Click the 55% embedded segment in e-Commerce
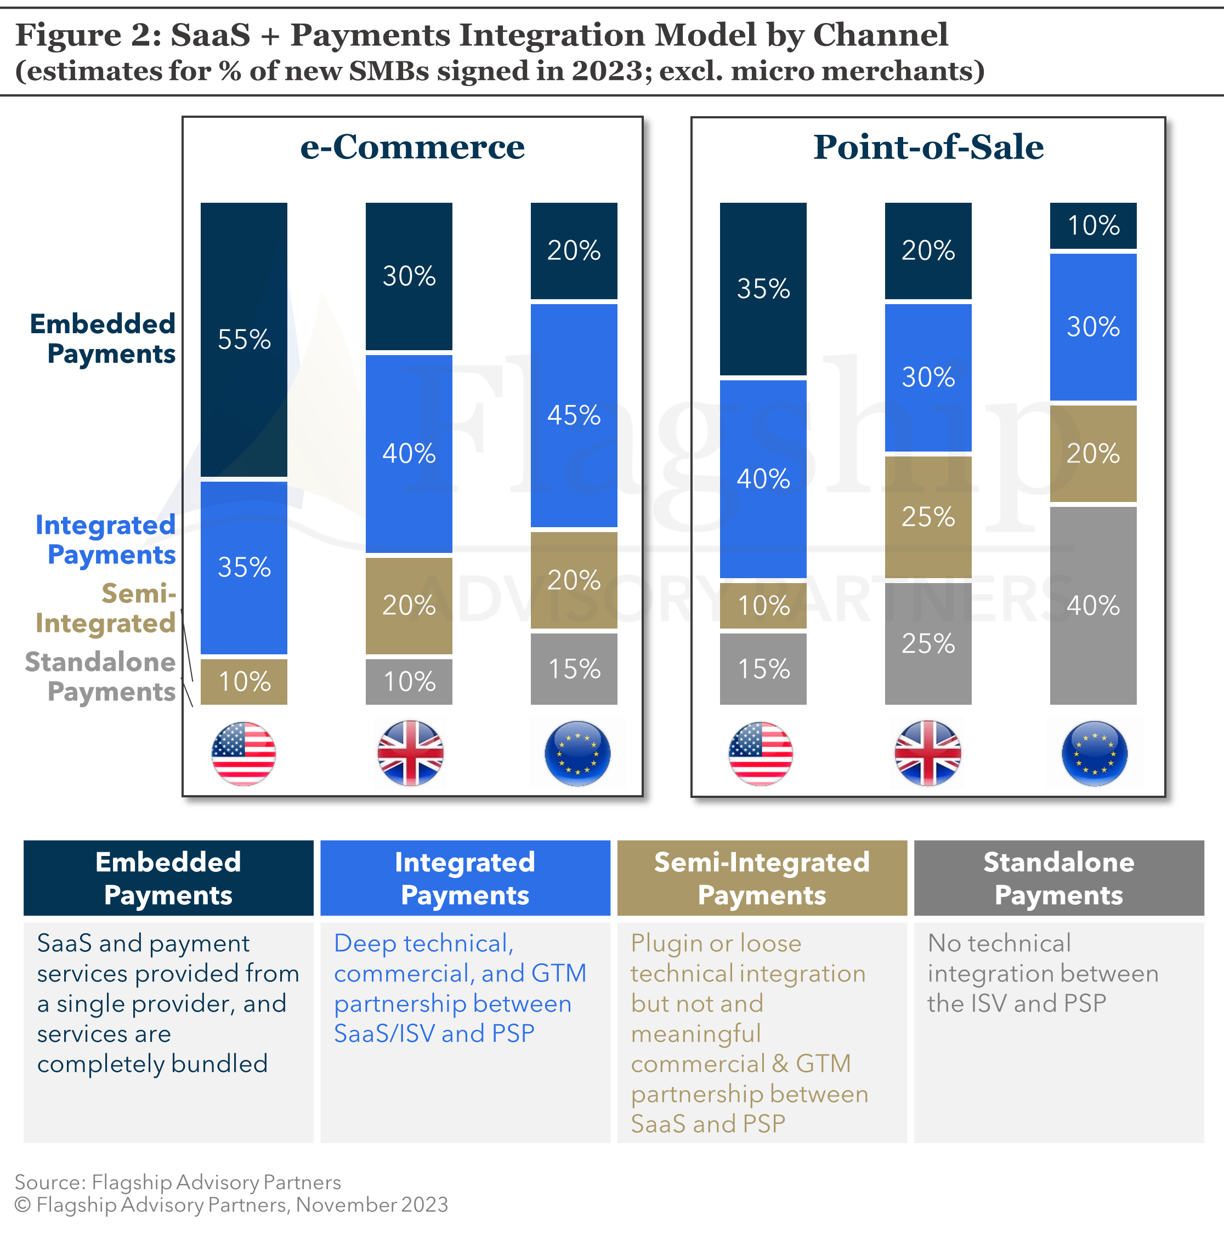pyautogui.click(x=244, y=340)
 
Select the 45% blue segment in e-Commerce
pyautogui.click(x=574, y=415)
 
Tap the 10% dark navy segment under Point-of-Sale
pyautogui.click(x=1093, y=225)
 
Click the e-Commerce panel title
pyautogui.click(x=412, y=147)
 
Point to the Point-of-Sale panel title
pyautogui.click(x=928, y=147)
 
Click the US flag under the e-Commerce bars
pyautogui.click(x=244, y=754)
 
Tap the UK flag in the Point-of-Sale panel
pyautogui.click(x=928, y=754)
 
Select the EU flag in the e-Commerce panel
pyautogui.click(x=577, y=754)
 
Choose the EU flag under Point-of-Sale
pyautogui.click(x=1095, y=754)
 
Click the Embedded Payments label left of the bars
pyautogui.click(x=104, y=339)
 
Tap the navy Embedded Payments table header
pyautogui.click(x=168, y=878)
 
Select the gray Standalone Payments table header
pyautogui.click(x=1058, y=878)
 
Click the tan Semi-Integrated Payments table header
pyautogui.click(x=762, y=878)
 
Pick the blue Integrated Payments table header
pyautogui.click(x=465, y=878)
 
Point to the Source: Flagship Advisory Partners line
pyautogui.click(x=178, y=1182)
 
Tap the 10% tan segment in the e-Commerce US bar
pyautogui.click(x=244, y=682)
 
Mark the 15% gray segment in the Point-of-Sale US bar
pyautogui.click(x=763, y=669)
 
